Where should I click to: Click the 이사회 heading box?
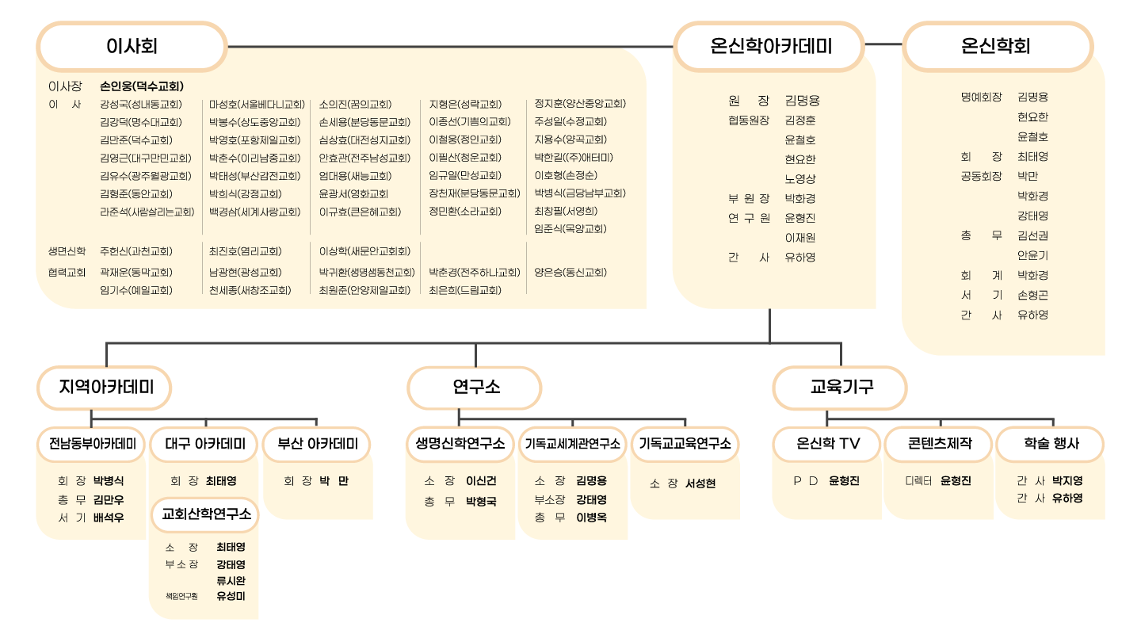(x=132, y=46)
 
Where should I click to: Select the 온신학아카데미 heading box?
(x=769, y=46)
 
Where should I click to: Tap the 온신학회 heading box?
(x=998, y=46)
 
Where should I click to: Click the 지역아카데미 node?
(x=105, y=388)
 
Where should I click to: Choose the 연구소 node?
(x=474, y=388)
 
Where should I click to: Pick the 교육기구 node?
(x=840, y=388)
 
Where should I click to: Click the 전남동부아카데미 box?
(x=91, y=445)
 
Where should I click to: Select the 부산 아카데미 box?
(x=317, y=445)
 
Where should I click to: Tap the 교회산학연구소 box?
(x=205, y=514)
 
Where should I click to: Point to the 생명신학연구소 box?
(x=460, y=445)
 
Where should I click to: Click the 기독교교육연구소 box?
(x=685, y=445)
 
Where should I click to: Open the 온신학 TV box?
(x=827, y=445)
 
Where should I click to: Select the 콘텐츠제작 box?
(x=939, y=445)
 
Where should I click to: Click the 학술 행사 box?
(x=1051, y=445)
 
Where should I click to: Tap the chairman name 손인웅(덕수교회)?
(x=142, y=86)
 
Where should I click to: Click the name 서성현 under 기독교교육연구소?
(x=700, y=483)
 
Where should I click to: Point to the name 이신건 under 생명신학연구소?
(x=481, y=480)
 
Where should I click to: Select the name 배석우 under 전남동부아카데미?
(x=109, y=518)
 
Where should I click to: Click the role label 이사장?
(x=65, y=86)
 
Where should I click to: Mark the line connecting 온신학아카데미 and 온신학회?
(x=883, y=44)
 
